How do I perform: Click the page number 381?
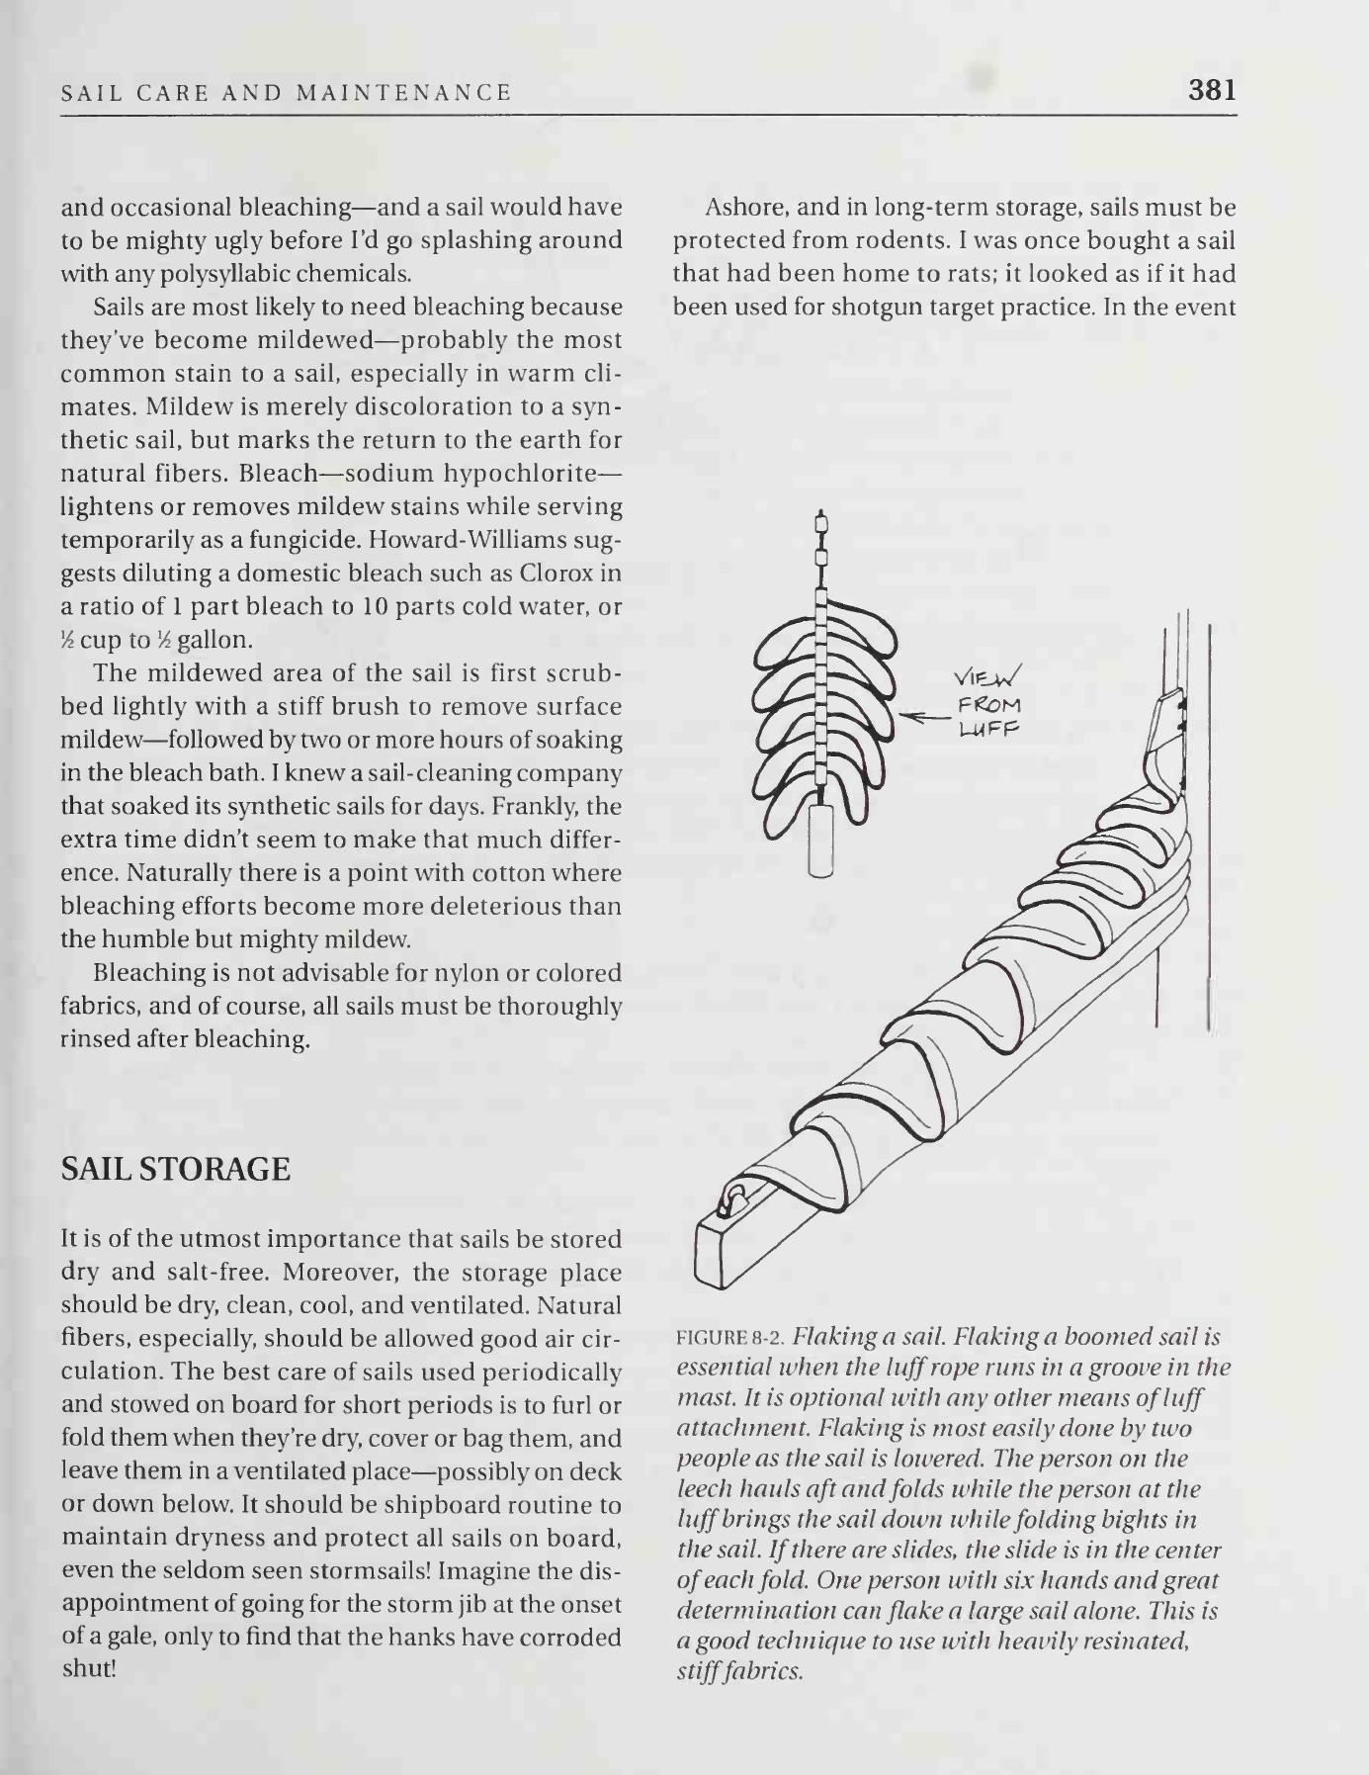1213,90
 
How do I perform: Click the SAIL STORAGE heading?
176,1169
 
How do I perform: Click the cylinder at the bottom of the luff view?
821,840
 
